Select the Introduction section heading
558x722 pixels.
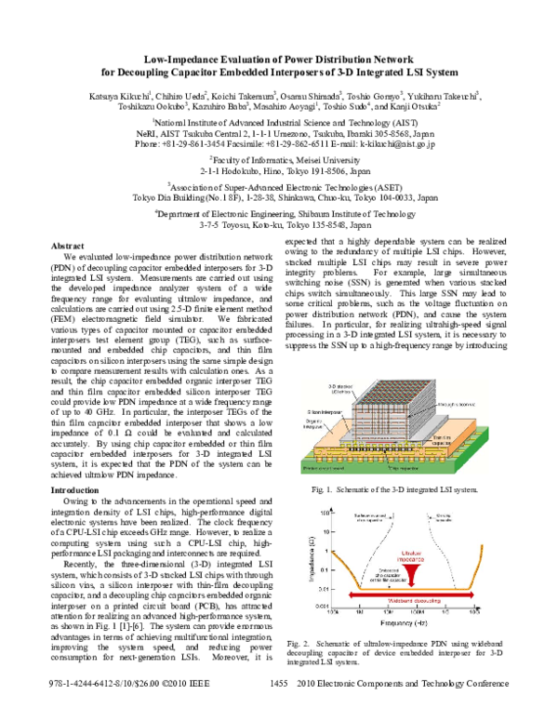[x=77, y=488]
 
